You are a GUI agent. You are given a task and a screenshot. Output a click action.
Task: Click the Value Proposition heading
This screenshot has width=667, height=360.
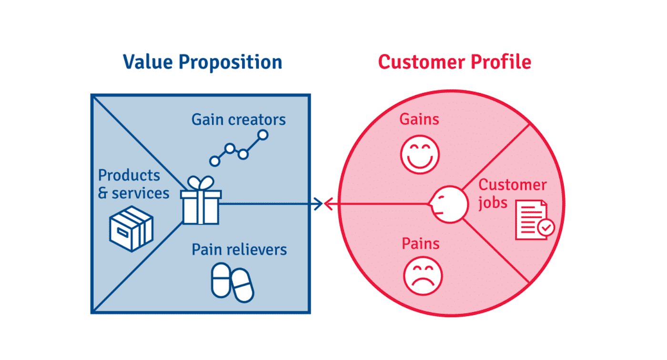pos(202,62)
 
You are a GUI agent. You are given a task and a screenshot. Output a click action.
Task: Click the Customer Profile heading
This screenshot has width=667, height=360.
pos(455,62)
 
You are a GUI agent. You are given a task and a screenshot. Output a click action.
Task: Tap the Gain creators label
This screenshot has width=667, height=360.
pos(239,120)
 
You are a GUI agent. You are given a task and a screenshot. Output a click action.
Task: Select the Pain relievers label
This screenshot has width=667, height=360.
pos(239,250)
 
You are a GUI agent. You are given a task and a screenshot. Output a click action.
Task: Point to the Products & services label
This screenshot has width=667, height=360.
pos(133,184)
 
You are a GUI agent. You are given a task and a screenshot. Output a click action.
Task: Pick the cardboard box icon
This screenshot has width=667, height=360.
pos(131,229)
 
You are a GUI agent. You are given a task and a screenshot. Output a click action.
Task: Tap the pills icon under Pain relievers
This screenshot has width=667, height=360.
pos(232,283)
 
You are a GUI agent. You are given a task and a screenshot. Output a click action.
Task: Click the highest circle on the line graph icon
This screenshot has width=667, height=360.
pos(263,135)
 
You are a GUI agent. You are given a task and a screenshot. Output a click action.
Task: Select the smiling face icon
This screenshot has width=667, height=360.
pos(420,154)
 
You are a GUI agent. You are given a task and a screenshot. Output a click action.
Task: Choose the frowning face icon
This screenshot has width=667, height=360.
pos(423,276)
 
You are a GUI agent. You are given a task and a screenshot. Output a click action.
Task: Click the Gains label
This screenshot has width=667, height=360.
pos(419,120)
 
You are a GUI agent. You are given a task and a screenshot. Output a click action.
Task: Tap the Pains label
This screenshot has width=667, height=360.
pos(420,244)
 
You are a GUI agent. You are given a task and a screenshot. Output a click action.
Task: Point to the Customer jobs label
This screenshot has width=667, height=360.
pos(513,194)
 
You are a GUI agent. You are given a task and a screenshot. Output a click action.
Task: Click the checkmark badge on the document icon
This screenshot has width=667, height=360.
pos(546,228)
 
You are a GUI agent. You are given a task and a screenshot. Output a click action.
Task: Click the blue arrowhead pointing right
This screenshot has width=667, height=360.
pos(318,204)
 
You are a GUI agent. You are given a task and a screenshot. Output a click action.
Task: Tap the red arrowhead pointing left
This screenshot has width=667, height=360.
pos(328,204)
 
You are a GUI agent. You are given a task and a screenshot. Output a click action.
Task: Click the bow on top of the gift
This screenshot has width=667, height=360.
pos(201,183)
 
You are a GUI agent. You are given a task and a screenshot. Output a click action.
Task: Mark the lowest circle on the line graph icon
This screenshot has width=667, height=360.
pos(215,161)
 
